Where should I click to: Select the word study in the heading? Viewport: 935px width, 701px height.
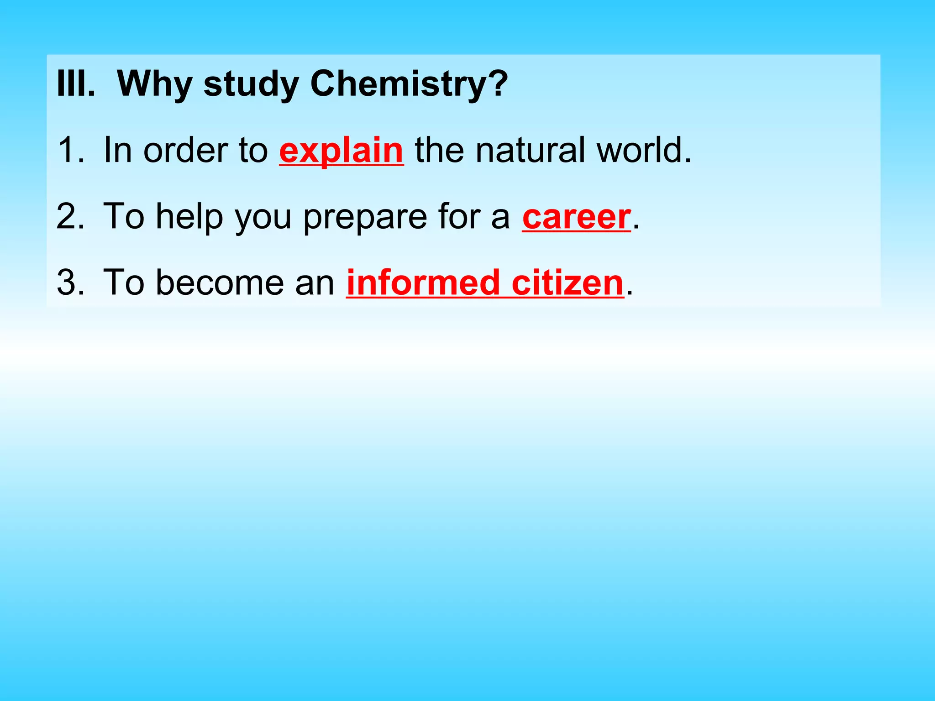pos(251,84)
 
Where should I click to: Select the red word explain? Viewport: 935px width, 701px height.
pos(341,151)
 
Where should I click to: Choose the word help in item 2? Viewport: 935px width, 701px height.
pos(189,217)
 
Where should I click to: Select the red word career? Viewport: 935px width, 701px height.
pos(576,217)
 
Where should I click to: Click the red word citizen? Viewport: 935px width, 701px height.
pos(567,282)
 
